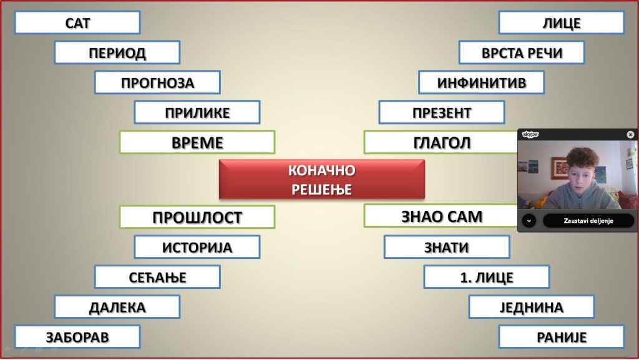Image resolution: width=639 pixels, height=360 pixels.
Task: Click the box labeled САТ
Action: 77,23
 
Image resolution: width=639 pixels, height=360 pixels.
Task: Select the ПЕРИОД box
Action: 117,52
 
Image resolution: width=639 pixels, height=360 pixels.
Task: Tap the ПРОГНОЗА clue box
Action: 157,82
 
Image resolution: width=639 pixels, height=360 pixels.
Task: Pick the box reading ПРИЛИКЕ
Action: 197,112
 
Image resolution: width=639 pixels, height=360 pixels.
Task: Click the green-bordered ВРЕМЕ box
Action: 197,142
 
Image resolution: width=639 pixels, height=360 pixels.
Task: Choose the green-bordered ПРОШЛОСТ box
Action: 197,217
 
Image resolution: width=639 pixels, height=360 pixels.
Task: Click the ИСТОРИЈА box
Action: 197,247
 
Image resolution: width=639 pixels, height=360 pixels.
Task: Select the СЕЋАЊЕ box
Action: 157,277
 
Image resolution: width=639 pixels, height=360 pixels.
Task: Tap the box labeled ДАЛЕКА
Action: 117,306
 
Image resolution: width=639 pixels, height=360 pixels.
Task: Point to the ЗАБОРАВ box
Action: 77,337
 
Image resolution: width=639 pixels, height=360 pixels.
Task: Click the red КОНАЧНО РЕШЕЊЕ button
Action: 322,180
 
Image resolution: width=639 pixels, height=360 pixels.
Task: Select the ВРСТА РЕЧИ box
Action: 522,52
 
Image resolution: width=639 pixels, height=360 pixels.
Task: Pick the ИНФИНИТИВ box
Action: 481,82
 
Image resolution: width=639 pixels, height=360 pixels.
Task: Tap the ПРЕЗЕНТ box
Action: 442,112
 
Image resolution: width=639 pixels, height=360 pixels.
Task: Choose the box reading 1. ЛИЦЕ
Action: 487,277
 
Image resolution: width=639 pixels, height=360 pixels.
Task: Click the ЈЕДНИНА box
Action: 532,306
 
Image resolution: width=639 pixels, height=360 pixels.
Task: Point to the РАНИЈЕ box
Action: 562,337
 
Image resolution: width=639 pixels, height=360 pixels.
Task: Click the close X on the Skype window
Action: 630,134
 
